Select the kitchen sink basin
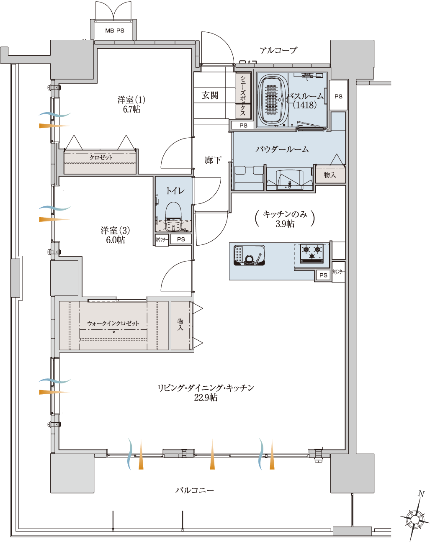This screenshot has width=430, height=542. point(249,255)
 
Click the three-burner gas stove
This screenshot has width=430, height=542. point(312,254)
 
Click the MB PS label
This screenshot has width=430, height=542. point(115,31)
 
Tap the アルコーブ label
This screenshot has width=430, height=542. point(278,50)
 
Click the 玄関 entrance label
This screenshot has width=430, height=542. point(210,95)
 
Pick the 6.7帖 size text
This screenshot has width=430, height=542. point(131,110)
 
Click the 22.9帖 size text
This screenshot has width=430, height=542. point(206,398)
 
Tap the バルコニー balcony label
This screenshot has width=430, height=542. point(195,490)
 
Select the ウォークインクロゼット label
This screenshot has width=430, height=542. point(113,323)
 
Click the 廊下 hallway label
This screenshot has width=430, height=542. point(213,160)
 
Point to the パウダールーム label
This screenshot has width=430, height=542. point(282,149)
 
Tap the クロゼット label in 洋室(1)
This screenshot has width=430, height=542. point(101,158)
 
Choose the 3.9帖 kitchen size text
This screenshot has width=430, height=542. point(285,223)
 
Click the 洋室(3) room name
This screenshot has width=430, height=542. point(115,230)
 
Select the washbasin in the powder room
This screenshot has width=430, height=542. point(289,180)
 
